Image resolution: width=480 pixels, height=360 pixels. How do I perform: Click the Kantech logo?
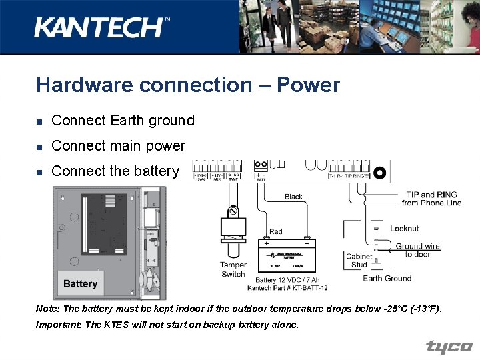[x=101, y=27]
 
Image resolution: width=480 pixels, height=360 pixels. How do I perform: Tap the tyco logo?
[x=449, y=347]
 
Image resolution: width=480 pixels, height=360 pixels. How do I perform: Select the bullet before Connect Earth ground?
[x=40, y=121]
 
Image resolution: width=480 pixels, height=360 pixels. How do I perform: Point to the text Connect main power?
[x=118, y=145]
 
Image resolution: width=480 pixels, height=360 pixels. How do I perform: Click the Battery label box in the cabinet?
[x=81, y=283]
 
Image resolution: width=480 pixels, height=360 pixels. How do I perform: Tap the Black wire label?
[x=293, y=197]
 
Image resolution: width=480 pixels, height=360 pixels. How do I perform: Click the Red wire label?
[x=276, y=232]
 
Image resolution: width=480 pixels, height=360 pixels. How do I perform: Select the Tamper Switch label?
[x=233, y=269]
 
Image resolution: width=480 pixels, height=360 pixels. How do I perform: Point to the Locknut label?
[x=405, y=229]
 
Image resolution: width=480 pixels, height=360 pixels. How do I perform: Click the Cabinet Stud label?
[x=359, y=261]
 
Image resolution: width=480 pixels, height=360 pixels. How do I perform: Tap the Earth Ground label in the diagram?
[x=387, y=279]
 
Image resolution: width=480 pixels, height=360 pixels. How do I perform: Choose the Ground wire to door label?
[x=418, y=250]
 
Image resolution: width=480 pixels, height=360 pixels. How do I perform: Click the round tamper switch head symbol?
[x=234, y=212]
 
